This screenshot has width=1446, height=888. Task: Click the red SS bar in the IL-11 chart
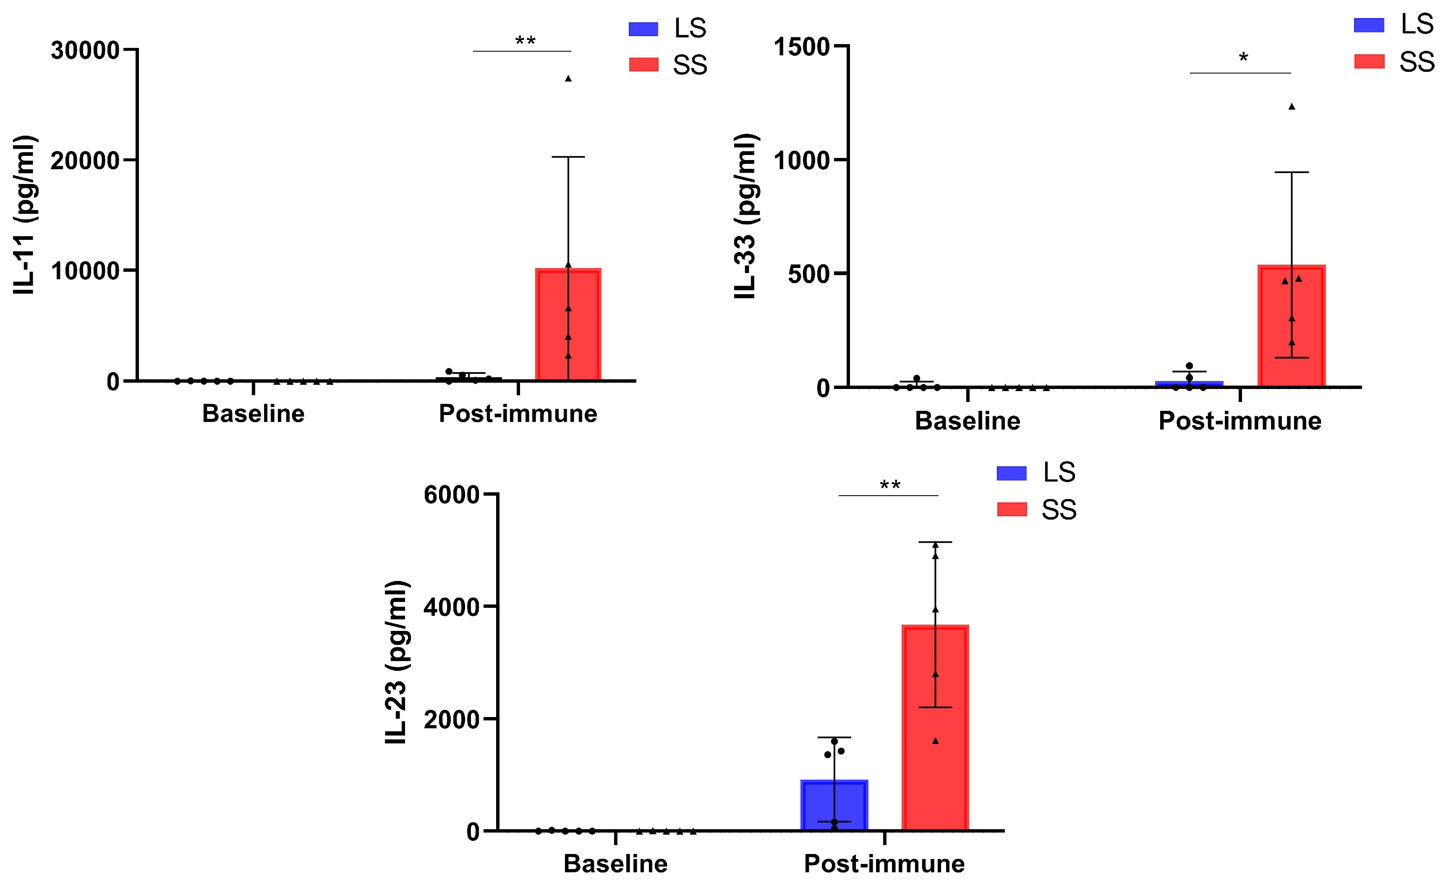click(x=567, y=326)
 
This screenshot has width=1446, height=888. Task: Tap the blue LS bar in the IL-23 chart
click(x=834, y=806)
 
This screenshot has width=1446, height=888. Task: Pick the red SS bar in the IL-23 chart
click(x=935, y=728)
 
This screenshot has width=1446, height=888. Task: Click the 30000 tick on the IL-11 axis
click(x=85, y=50)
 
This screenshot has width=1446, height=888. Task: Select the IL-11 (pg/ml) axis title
click(x=25, y=214)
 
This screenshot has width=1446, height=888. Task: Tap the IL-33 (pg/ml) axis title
click(x=746, y=216)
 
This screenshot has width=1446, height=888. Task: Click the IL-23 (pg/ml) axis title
click(x=396, y=662)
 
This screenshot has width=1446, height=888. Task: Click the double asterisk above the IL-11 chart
click(x=525, y=41)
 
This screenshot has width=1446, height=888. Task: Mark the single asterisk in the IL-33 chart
click(x=1243, y=58)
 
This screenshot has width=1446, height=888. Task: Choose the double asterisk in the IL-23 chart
click(x=890, y=485)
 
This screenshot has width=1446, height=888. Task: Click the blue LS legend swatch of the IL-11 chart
click(x=643, y=29)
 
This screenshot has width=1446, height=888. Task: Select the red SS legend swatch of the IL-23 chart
click(x=1012, y=509)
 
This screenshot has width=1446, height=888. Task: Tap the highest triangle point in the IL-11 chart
click(x=567, y=78)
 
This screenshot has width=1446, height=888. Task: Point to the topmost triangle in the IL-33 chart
click(x=1291, y=106)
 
